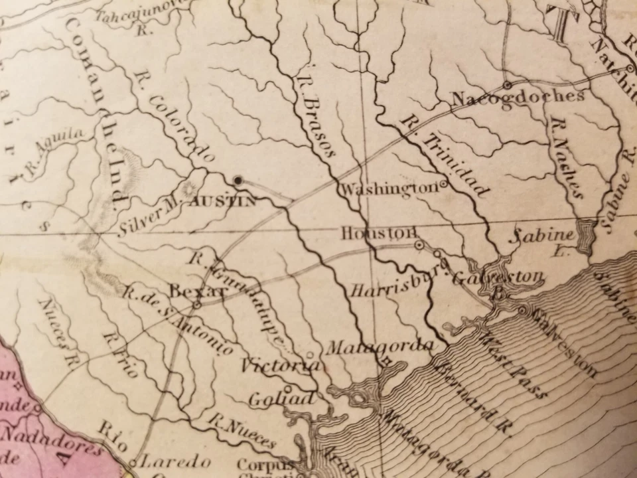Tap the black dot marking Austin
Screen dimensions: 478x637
coord(238,180)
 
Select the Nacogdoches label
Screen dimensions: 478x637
coord(518,98)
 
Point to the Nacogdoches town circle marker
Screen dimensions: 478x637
coord(507,85)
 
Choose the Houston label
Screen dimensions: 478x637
coord(378,234)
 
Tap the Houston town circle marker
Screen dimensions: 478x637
coord(419,245)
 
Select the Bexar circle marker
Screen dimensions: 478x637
coord(197,305)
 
